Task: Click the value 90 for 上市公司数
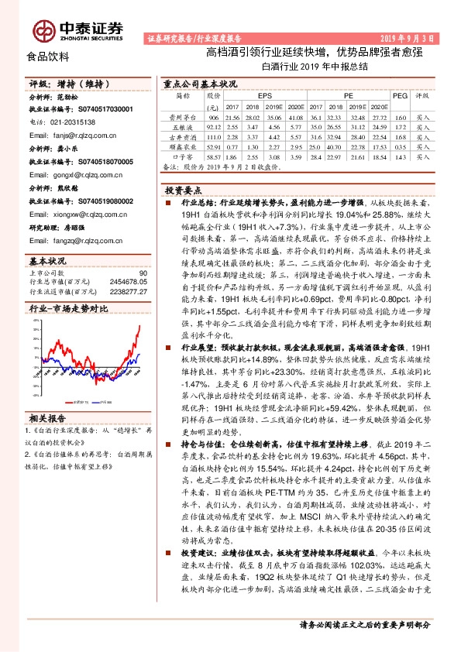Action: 142,273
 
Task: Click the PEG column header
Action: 400,95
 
